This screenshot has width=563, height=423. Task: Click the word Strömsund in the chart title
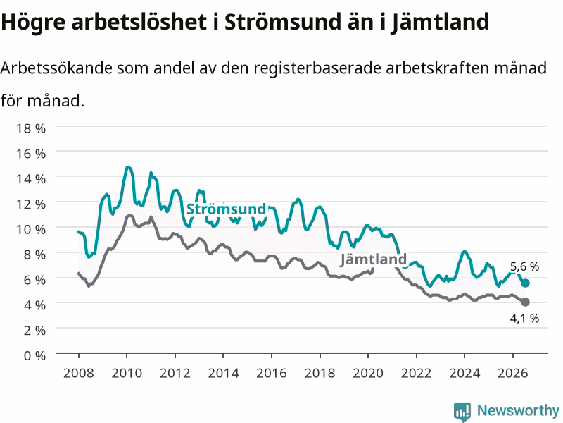pyautogui.click(x=282, y=22)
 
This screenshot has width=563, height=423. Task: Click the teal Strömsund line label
pyautogui.click(x=226, y=209)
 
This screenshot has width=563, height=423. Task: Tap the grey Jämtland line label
pyautogui.click(x=373, y=259)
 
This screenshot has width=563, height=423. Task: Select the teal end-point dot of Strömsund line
pyautogui.click(x=525, y=283)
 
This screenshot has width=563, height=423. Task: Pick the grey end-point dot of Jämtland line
pyautogui.click(x=525, y=302)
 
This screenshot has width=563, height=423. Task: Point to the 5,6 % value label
pyautogui.click(x=524, y=266)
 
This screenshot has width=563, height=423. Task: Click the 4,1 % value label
pyautogui.click(x=524, y=319)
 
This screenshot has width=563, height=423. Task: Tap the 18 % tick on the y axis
pyautogui.click(x=31, y=128)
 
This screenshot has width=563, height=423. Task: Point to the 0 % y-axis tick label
pyautogui.click(x=34, y=356)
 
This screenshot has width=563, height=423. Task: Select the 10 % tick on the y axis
pyautogui.click(x=31, y=230)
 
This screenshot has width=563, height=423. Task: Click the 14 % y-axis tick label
pyautogui.click(x=31, y=179)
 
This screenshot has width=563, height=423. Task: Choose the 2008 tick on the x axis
pyautogui.click(x=79, y=373)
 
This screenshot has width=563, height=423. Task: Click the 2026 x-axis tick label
pyautogui.click(x=513, y=373)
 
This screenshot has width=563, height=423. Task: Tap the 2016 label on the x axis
pyautogui.click(x=272, y=373)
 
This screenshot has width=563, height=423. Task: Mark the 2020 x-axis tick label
pyautogui.click(x=368, y=373)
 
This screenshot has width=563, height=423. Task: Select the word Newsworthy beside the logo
pyautogui.click(x=518, y=410)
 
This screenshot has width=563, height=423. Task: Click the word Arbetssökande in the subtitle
pyautogui.click(x=57, y=68)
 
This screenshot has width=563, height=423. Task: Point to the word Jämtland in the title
pyautogui.click(x=441, y=23)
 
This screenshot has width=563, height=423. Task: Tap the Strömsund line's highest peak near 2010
pyautogui.click(x=128, y=167)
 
